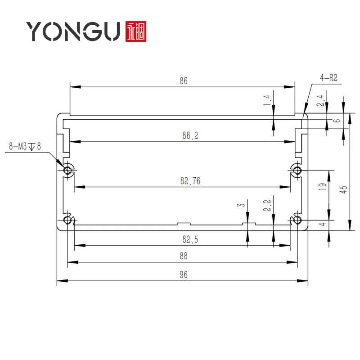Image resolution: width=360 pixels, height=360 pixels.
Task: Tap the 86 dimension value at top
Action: [x=183, y=81]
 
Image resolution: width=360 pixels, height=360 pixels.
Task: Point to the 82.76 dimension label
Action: [x=190, y=181]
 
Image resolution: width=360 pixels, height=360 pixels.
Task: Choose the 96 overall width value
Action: [x=183, y=275]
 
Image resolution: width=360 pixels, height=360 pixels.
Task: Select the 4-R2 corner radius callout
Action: [x=328, y=78]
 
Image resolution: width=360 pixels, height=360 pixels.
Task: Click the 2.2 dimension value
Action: [x=267, y=206]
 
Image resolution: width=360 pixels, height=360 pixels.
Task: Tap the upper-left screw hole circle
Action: [x=67, y=170]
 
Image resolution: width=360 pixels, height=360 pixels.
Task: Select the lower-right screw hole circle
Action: [x=297, y=220]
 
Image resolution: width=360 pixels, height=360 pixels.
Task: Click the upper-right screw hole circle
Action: [x=297, y=170]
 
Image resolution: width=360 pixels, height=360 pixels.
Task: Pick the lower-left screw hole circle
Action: [x=67, y=220]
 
